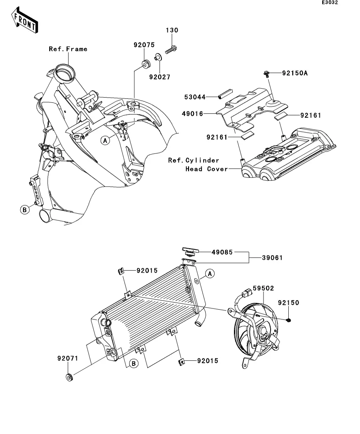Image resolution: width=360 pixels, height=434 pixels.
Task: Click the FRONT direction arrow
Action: point(24,20)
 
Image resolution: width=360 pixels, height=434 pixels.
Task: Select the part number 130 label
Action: point(172,30)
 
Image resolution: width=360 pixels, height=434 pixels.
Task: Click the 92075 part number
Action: point(144,45)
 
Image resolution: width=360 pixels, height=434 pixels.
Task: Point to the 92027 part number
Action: point(160,77)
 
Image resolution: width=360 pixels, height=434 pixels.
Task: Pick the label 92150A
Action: point(295,73)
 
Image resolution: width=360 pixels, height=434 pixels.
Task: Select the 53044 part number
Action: point(195,97)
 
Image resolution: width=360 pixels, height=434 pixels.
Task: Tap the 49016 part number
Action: point(192,113)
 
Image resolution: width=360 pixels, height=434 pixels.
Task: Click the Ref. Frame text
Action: point(68,49)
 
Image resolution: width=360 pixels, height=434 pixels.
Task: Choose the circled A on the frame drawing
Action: point(105,140)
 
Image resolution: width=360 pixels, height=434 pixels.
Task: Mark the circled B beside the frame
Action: point(25,210)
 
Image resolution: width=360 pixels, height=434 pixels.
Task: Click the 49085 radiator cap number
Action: point(222,252)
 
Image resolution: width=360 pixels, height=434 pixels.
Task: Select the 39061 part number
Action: point(272,258)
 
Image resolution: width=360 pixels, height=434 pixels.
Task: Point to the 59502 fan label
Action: point(263,288)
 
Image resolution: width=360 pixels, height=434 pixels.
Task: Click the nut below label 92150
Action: point(289,320)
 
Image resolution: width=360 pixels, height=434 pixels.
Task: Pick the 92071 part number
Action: point(68,358)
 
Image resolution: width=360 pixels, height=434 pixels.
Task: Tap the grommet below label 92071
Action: point(70,377)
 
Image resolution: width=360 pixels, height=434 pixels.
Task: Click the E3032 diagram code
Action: point(330,2)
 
